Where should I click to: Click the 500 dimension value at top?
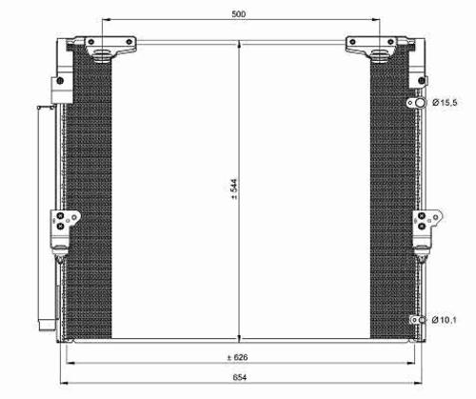tap(239, 14)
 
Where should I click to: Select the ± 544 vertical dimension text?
tap(234, 190)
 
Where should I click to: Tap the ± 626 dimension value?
tap(237, 357)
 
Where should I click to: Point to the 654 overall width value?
tap(240, 377)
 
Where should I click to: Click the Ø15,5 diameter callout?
tap(445, 103)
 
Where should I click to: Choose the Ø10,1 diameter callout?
tap(445, 320)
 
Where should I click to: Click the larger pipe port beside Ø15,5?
tap(421, 103)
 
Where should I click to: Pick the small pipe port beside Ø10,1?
tap(422, 320)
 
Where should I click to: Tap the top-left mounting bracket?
tap(110, 48)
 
